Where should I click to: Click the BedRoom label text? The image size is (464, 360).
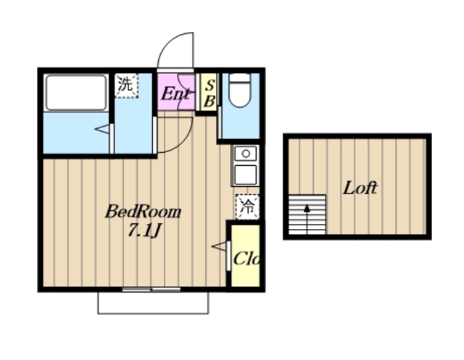pos(144,212)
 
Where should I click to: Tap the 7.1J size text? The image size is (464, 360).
pos(144,230)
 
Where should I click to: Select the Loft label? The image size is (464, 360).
pos(360,188)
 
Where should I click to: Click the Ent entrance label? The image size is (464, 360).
pos(175,94)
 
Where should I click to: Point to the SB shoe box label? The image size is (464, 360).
pos(210,94)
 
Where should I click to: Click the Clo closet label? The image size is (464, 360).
pos(246,259)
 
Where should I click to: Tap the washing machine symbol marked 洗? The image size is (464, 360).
pos(127,85)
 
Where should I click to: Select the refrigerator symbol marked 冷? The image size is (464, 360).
pos(247,206)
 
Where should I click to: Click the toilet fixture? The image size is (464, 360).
pos(240,90)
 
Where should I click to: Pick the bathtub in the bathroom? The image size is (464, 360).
pos(76,93)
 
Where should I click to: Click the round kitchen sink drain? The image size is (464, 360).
pos(246,154)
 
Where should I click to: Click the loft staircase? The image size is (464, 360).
pos(307,214)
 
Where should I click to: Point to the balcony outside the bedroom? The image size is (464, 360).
pos(153,303)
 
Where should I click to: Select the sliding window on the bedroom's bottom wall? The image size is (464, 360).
pos(152,289)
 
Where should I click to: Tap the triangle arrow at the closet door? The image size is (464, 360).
pos(219,246)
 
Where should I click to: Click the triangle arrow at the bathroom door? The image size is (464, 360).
pos(101,129)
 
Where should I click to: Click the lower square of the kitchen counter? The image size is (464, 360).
pos(245,175)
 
